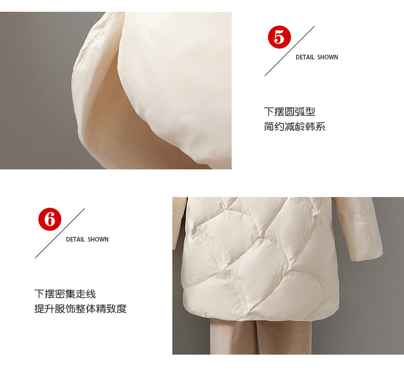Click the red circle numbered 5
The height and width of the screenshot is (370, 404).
coord(279,37)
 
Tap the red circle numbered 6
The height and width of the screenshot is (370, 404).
coord(50,219)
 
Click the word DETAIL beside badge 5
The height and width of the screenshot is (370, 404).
coord(305,57)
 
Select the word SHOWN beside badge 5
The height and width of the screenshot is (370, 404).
coord(327,57)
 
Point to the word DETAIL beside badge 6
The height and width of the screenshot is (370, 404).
coord(75,240)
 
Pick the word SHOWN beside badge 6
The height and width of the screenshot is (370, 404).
coord(98,240)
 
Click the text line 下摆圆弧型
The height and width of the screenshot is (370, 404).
coord(289,112)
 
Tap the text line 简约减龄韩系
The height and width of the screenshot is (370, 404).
coord(295,126)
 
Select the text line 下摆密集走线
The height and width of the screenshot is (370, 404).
coord(65,294)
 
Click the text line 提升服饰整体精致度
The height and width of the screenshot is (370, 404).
coord(80,309)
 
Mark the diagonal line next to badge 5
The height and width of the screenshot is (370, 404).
coord(289,51)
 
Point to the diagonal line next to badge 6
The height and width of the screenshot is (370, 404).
coord(60,233)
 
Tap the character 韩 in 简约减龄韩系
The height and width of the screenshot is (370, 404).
coord(310,126)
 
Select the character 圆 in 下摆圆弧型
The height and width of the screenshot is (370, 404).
coord(289,112)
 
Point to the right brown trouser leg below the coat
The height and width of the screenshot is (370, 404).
coord(284,337)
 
